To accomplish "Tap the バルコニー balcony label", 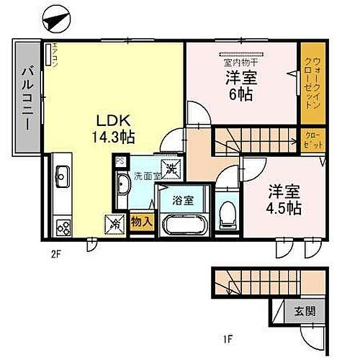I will click(26, 97).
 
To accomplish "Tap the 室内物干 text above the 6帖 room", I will click(239, 61).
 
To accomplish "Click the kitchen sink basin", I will click(60, 175).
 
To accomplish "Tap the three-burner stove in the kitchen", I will click(62, 227).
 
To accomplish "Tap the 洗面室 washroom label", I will click(143, 175).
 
